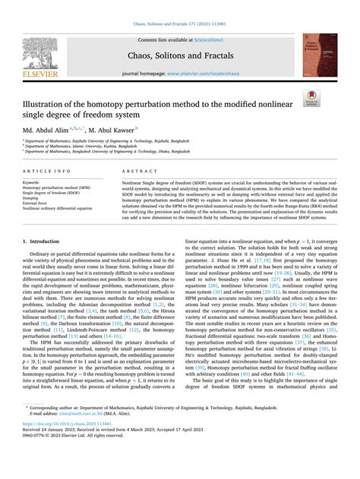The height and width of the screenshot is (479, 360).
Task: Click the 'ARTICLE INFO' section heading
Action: coord(45,172)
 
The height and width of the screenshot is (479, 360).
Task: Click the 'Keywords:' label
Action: coord(32,183)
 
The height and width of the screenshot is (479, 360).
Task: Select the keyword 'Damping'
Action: coord(32,199)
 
